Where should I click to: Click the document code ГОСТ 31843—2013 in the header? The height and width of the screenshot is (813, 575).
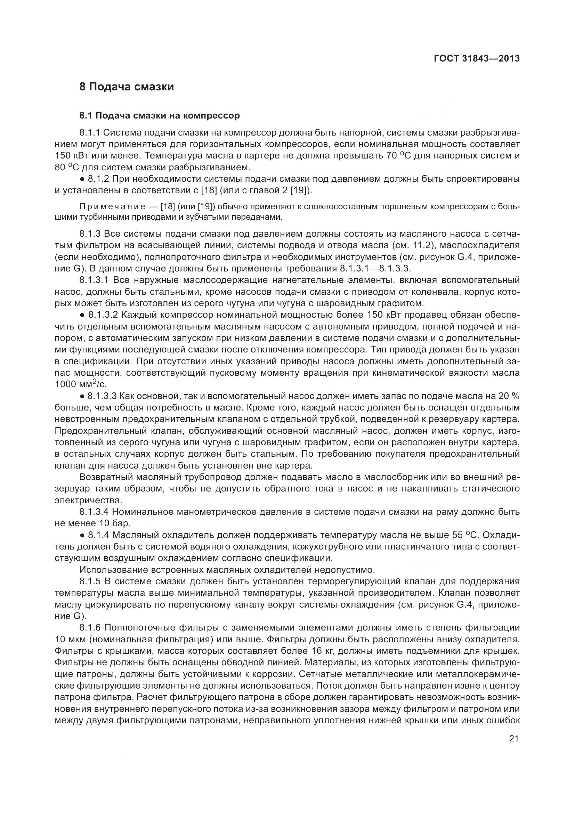477,58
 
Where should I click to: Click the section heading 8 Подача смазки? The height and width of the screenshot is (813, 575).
127,87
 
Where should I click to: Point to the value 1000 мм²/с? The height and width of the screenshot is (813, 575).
81,384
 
